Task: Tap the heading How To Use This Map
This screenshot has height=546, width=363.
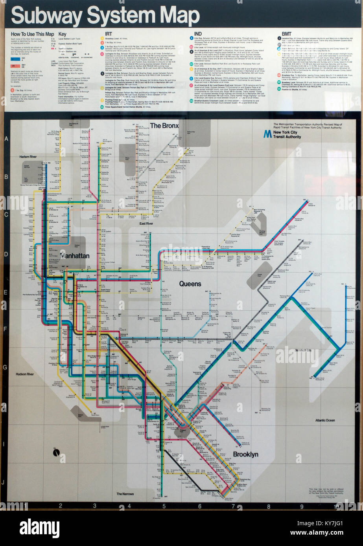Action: point(32,34)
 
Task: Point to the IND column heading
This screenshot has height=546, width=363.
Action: point(198,34)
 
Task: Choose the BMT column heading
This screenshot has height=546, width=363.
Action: point(286,34)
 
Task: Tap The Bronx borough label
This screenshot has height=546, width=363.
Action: point(164,126)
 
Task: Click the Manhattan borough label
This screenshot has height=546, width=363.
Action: point(75,256)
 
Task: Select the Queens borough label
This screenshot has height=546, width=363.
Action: point(190,284)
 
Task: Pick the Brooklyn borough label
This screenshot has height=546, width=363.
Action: point(245,454)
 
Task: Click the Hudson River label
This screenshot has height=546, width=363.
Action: point(24,374)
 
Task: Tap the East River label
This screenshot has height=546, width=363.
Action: point(146,224)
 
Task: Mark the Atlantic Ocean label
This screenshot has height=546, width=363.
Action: point(325,420)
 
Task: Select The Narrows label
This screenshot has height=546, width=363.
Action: point(125,494)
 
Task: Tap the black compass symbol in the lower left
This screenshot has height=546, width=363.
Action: point(57,453)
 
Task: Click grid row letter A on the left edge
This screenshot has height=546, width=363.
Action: point(6,139)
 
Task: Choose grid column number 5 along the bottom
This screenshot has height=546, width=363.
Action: point(164,506)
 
